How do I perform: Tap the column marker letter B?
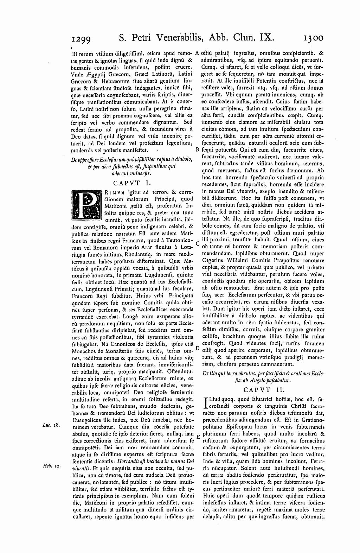[x=197, y=150]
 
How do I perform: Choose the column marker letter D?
[x=197, y=348]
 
